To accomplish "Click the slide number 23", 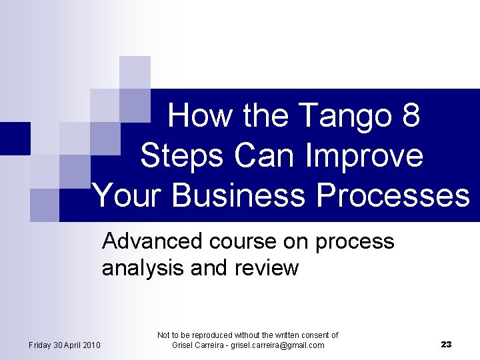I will [446, 345].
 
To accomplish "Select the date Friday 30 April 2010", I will [65, 345].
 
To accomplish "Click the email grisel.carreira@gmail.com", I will [277, 345].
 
